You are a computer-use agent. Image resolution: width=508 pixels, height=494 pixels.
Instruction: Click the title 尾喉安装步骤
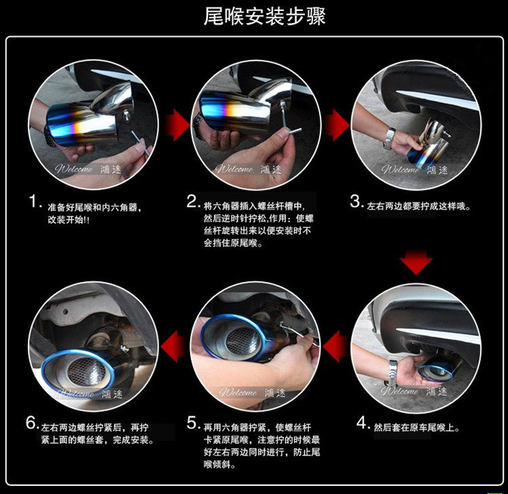pos(264,16)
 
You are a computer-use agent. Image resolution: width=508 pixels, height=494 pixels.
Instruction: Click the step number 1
pos(33,201)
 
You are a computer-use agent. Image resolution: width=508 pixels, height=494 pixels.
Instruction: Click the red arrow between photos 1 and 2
pos(177,125)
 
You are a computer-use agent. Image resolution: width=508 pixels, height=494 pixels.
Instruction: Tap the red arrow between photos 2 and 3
pos(337,125)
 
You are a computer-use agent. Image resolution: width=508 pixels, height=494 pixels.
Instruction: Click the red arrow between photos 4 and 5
pos(335,346)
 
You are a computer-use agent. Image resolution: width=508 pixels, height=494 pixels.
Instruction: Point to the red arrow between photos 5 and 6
pos(173,346)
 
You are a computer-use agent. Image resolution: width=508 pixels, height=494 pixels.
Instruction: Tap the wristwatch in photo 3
pos(389,139)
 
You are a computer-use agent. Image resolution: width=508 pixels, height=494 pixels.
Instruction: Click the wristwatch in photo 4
pos(393,373)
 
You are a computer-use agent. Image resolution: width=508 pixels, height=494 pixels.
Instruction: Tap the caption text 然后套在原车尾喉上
pos(417,428)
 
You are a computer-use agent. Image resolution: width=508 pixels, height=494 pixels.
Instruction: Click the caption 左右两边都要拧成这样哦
pos(419,206)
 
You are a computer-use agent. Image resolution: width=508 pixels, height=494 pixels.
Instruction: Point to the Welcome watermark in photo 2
pos(234,169)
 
